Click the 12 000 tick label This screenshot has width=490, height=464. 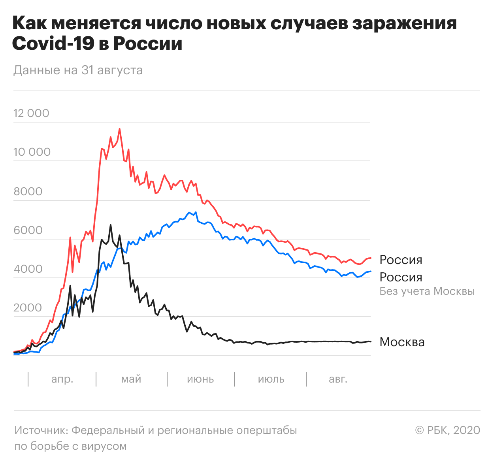coord(31,113)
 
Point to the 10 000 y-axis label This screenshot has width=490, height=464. coord(32,152)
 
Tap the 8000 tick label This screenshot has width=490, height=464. coord(28,191)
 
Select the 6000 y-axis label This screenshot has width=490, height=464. coord(28,230)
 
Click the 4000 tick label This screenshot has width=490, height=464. coord(28,269)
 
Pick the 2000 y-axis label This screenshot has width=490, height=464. coord(28,308)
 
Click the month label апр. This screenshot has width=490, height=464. coord(62,379)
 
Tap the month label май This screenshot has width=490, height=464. coord(131,379)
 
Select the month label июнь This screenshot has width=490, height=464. coord(200,379)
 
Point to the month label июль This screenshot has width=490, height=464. coord(271,379)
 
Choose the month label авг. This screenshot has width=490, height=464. coord(338,379)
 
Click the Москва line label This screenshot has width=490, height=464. coord(402,342)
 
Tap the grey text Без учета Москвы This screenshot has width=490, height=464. coord(427,292)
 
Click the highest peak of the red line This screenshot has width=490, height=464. coord(119,129)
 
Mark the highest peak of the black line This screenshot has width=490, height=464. coord(111,225)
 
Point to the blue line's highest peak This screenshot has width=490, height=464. coord(196,212)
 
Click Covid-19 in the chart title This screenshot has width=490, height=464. coord(53,43)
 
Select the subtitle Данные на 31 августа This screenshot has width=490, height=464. coord(78,70)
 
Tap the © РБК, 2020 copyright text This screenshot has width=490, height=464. coord(447,430)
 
